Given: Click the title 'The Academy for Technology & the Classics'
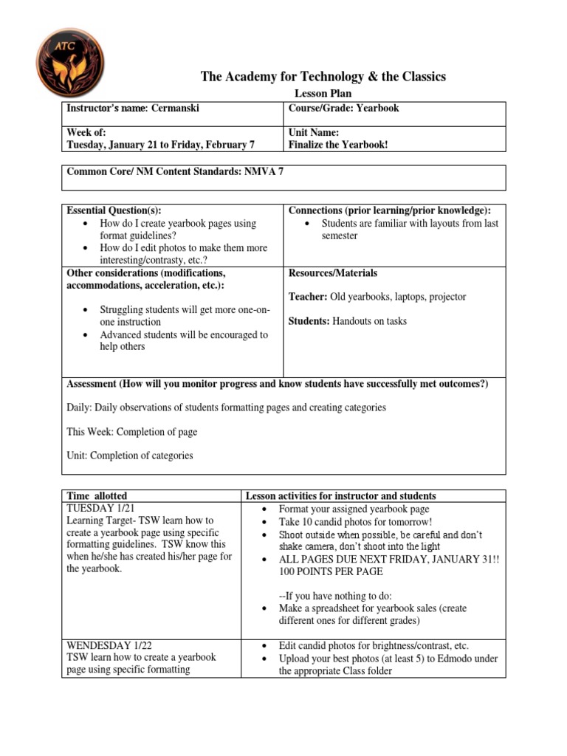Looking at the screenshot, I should [x=323, y=77].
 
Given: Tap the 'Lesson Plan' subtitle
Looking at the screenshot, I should [x=323, y=94].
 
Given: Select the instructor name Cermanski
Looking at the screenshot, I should [x=175, y=109].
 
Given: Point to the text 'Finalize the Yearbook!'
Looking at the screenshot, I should [x=338, y=144].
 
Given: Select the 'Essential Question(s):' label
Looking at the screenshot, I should [x=114, y=210].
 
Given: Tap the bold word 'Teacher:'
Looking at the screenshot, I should [x=307, y=297].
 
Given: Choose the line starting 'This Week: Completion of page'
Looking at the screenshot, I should [x=132, y=432].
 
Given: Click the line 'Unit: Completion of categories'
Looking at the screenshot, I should [x=130, y=456].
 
